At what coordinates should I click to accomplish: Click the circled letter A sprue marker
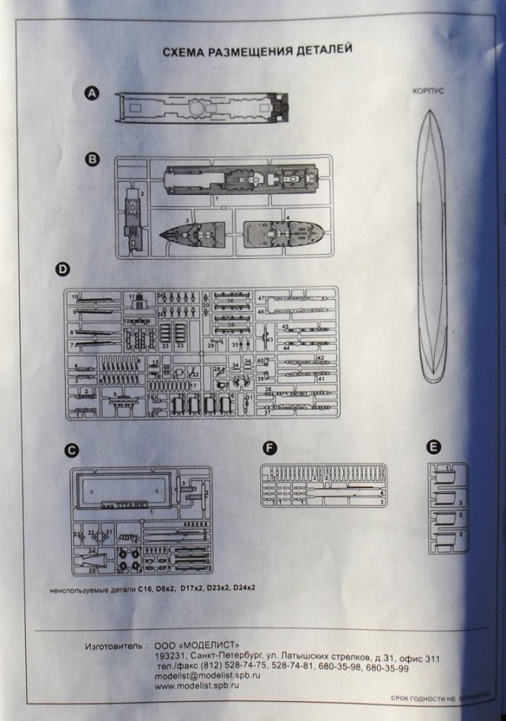92,94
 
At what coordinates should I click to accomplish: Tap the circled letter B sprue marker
92,160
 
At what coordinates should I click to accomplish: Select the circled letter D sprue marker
62,269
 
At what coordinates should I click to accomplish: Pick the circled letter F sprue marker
270,448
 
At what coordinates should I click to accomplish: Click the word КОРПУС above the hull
429,92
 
